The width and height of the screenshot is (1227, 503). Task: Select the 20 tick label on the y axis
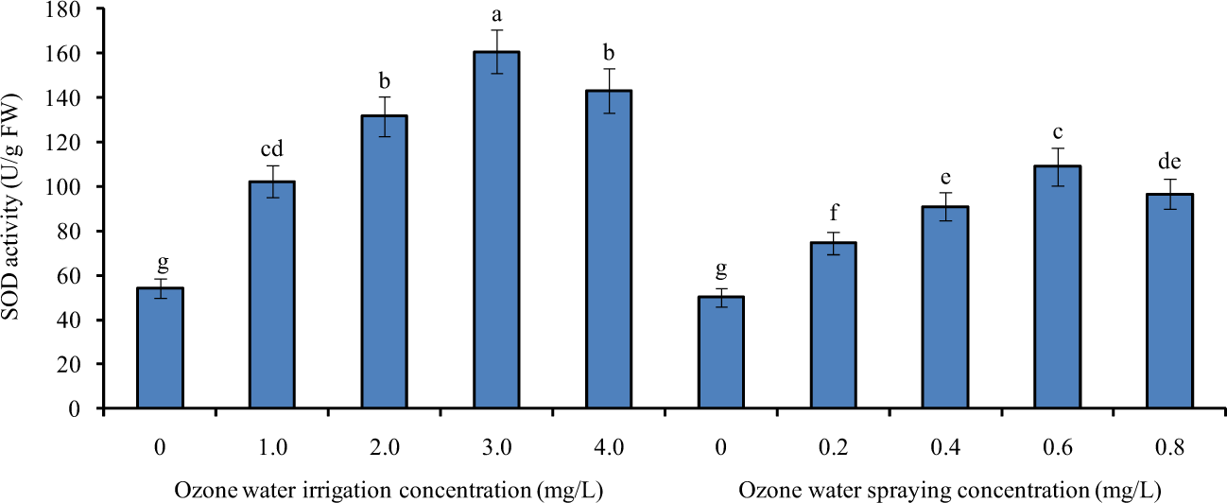[x=72, y=365]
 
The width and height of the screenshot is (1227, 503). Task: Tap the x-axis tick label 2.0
[x=384, y=444]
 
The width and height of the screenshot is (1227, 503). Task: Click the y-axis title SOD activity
[x=12, y=208]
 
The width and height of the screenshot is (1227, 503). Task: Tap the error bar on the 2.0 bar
[x=385, y=116]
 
